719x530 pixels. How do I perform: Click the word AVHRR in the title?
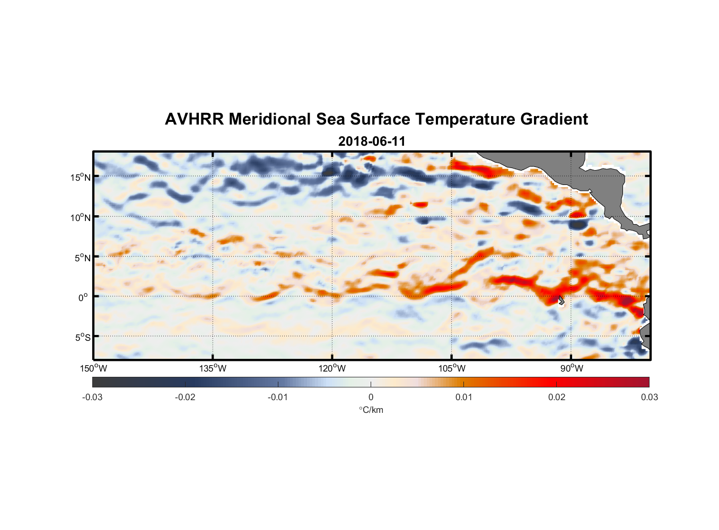(x=194, y=119)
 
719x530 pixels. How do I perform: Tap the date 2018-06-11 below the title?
(x=372, y=142)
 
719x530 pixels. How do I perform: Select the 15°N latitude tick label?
(x=81, y=177)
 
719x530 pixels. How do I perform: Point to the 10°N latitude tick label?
(x=81, y=217)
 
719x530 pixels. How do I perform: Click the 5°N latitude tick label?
(x=82, y=258)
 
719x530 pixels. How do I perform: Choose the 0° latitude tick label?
(x=83, y=297)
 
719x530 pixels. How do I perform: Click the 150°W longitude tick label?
(x=94, y=368)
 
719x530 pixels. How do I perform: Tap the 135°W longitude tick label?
(x=213, y=368)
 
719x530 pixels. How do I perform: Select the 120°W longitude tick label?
(x=332, y=368)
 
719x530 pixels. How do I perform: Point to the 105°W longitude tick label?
(x=452, y=368)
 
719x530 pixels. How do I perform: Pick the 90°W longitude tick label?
(x=572, y=368)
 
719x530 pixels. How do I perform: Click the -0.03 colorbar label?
(x=92, y=397)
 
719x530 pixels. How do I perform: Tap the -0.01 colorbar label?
(x=278, y=397)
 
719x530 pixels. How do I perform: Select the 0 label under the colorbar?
(x=371, y=397)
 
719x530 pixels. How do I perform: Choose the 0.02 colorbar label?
(x=557, y=397)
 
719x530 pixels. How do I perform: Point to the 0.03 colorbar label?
(x=649, y=397)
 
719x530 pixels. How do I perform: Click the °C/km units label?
(x=371, y=410)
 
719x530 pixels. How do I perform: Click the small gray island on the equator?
(x=561, y=300)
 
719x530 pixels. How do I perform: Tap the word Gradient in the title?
(x=554, y=119)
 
